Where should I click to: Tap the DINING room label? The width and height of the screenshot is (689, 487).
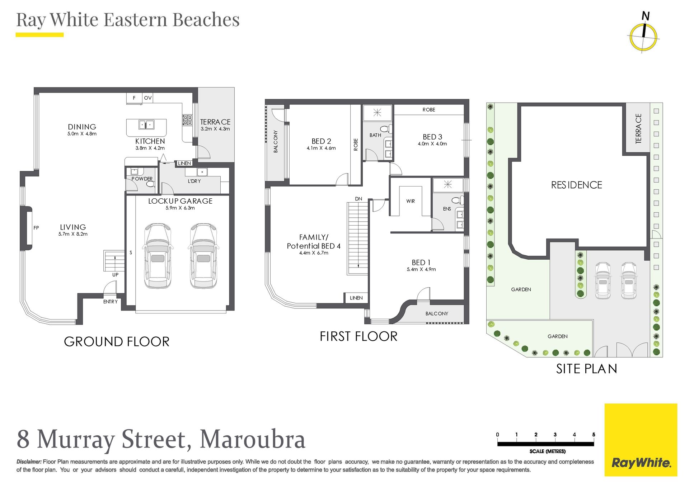pos(82,127)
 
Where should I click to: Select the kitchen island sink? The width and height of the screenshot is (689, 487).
pos(146,124)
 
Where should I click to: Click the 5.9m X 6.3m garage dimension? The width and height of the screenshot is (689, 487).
pos(180,208)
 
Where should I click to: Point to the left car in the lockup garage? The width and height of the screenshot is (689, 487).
pos(158,255)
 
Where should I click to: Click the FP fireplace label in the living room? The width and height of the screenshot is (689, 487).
pos(36,228)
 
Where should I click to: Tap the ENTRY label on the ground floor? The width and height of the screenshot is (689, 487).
pos(111,302)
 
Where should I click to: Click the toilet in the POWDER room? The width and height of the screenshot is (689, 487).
pos(150,184)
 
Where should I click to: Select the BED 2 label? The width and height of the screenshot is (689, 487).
pos(321,141)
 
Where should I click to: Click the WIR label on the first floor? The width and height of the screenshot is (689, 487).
pos(411,201)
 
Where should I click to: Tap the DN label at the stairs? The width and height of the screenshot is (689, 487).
pos(358,199)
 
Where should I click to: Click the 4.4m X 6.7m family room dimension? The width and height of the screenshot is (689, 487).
pos(314,253)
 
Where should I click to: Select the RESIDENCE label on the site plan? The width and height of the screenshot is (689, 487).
pos(577,185)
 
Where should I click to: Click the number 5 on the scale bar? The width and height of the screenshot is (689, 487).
pos(594,435)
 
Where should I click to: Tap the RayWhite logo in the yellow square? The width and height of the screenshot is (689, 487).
pos(641,463)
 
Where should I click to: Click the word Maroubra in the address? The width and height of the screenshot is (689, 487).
pos(252,439)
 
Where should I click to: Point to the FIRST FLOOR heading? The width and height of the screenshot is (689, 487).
pos(358,336)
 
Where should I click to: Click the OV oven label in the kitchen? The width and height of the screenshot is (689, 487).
pos(148,98)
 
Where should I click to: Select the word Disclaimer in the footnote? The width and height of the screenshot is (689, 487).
pos(29,462)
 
